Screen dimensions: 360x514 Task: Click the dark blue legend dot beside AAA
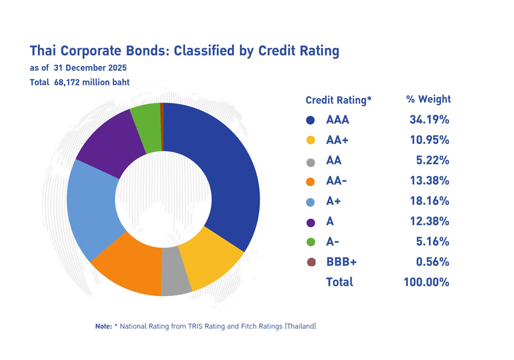click(310, 120)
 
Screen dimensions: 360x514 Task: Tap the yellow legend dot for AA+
click(310, 140)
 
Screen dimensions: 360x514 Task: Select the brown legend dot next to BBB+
click(310, 262)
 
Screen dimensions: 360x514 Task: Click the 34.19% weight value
click(429, 120)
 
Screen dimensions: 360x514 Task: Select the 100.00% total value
click(426, 282)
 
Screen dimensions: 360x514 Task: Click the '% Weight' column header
click(428, 99)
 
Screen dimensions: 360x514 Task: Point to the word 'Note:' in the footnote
click(103, 327)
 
